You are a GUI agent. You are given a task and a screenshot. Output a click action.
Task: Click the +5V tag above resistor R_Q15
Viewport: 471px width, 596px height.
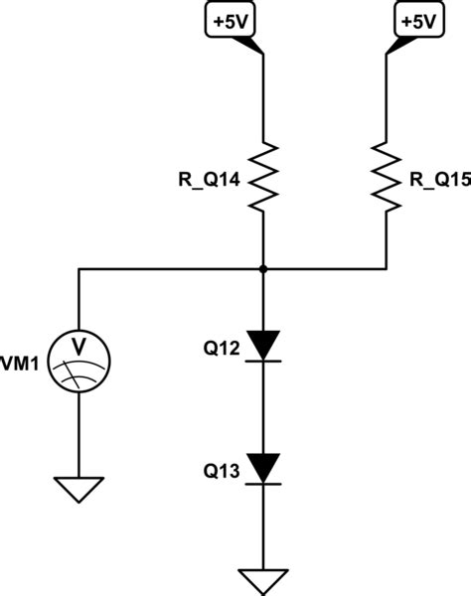(x=408, y=20)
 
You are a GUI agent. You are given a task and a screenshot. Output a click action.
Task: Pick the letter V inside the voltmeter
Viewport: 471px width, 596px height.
(x=79, y=347)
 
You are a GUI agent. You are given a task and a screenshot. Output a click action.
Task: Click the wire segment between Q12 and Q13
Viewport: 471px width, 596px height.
(x=262, y=407)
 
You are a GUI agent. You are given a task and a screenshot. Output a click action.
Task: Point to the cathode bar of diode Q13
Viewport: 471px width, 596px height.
(x=262, y=484)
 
